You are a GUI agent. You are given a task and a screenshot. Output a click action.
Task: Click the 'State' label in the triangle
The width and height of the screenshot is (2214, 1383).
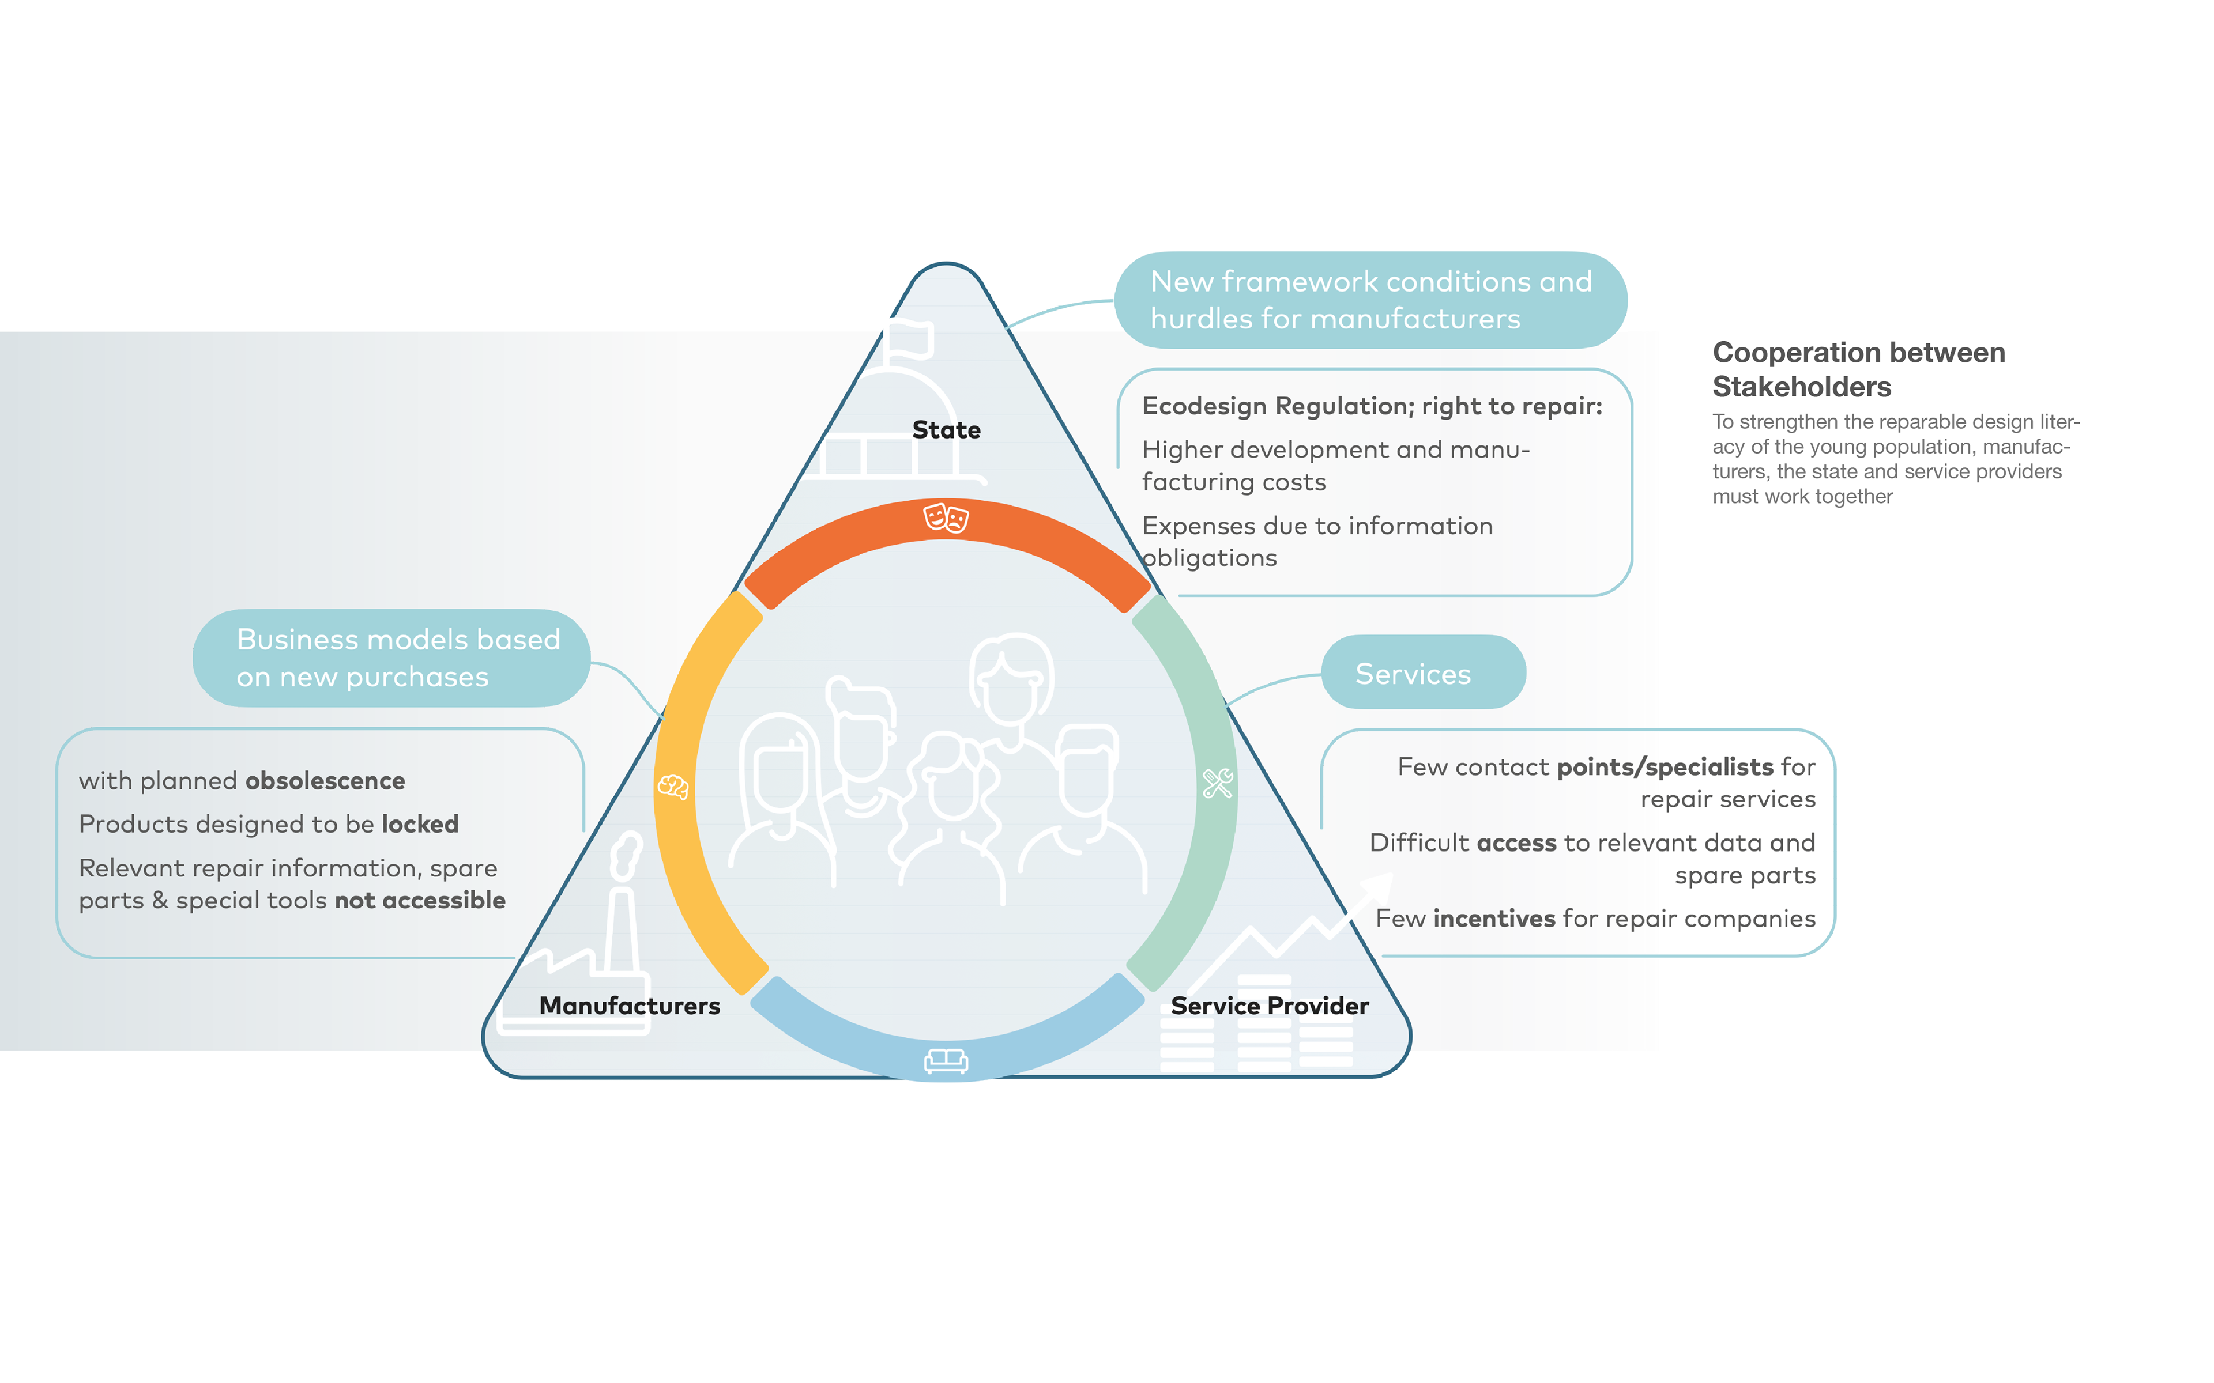(x=946, y=430)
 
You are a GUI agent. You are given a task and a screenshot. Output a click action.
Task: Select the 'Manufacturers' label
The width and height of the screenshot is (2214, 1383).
(x=630, y=1005)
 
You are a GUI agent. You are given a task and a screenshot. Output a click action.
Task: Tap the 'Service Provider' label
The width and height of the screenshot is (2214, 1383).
(x=1270, y=1005)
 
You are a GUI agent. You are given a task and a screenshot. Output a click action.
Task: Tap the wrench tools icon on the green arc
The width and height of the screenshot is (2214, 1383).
(x=1218, y=783)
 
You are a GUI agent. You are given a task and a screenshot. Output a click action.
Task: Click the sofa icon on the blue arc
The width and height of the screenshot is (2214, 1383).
(x=946, y=1060)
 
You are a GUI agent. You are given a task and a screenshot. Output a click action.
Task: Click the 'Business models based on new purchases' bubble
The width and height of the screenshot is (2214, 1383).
(x=391, y=658)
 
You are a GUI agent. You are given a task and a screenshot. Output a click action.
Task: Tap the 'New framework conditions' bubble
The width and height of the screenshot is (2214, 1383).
(x=1370, y=300)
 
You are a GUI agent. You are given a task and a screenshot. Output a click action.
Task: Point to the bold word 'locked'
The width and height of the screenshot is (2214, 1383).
(x=420, y=824)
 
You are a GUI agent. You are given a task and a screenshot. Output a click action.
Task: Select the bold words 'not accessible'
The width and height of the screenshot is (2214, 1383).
(x=420, y=900)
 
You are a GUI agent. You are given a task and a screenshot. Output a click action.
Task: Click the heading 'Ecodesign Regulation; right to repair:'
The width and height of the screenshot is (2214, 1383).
(x=1372, y=406)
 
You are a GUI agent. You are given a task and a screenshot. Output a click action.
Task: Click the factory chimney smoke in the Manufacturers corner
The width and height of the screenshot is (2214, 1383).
(x=627, y=855)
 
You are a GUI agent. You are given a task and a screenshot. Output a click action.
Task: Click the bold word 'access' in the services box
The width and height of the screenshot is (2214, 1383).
(x=1516, y=842)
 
